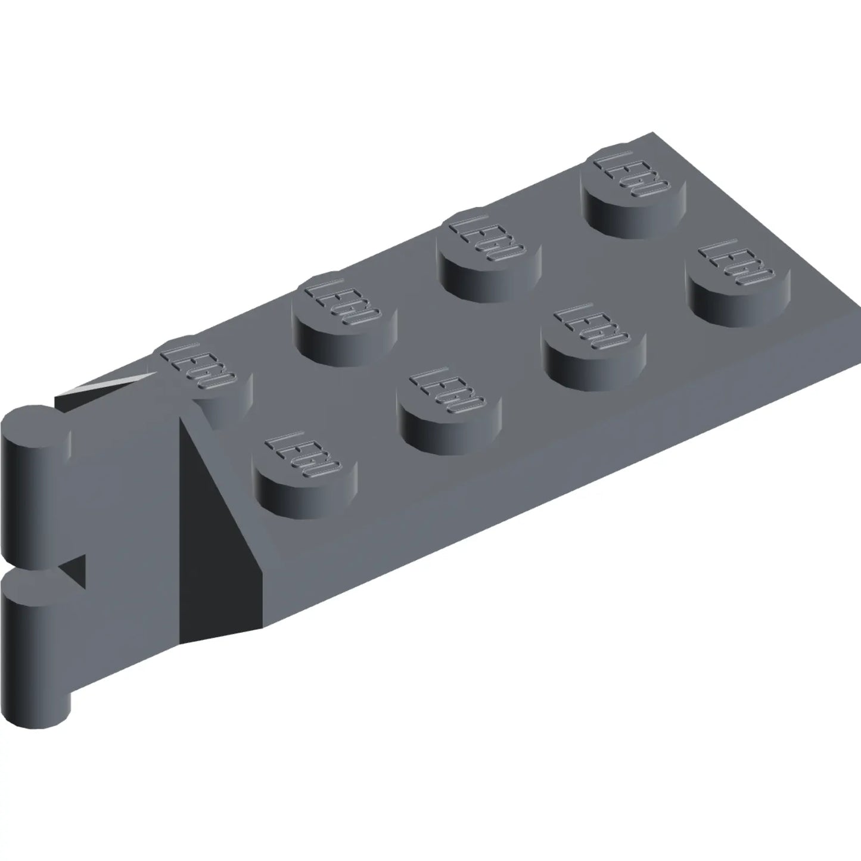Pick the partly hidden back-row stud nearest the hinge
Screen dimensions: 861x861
(203, 372)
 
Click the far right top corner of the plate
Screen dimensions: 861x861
(653, 132)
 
